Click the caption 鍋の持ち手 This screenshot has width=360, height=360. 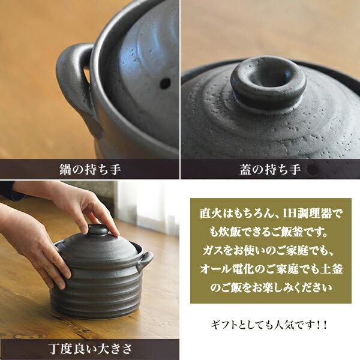(90, 169)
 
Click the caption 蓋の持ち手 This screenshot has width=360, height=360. (270, 169)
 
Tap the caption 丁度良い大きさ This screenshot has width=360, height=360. (90, 349)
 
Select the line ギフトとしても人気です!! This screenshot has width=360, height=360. (269, 325)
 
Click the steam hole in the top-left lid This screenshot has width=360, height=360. (165, 83)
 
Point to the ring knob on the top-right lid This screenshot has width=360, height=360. (269, 82)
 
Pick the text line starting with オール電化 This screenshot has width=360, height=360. (271, 269)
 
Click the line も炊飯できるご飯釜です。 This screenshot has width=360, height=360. (269, 232)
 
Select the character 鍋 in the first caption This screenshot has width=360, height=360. (65, 169)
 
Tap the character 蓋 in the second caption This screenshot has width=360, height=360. (246, 169)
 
